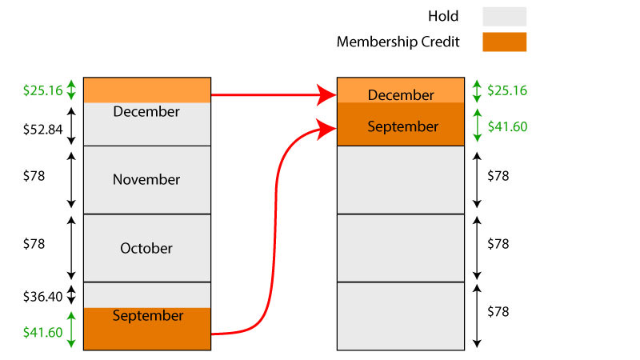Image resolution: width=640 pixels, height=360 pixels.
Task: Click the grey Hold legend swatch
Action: [x=504, y=16]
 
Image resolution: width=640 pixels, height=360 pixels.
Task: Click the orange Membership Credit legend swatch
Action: [x=504, y=42]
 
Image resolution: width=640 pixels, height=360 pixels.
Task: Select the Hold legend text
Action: [x=443, y=16]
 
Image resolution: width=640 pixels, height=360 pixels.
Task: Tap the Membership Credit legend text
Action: [x=398, y=42]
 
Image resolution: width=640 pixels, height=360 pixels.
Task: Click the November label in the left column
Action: [x=146, y=179]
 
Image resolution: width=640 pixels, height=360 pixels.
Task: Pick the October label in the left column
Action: [x=146, y=248]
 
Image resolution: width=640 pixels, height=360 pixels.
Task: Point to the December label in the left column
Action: [x=146, y=111]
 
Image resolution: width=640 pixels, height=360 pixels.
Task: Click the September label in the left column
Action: [x=148, y=316]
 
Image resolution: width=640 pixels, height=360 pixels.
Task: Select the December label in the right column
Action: [x=401, y=95]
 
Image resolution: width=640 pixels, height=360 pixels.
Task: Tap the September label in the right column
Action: [x=402, y=126]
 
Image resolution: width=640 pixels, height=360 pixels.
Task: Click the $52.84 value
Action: [x=43, y=130]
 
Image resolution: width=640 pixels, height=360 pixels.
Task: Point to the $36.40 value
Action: [x=43, y=296]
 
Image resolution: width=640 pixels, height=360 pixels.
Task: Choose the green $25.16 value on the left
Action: [x=43, y=90]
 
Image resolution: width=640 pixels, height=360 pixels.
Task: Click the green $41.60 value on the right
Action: [x=507, y=126]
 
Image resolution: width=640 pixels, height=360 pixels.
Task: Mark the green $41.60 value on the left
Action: [x=43, y=332]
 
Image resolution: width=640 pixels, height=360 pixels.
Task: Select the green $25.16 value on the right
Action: [x=507, y=90]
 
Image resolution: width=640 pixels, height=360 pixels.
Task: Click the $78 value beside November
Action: [x=34, y=176]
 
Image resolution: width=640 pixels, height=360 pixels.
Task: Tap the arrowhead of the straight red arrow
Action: [x=326, y=95]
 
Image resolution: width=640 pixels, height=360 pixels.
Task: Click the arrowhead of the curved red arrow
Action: [x=326, y=129]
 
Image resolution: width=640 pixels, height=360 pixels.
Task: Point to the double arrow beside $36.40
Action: [x=71, y=294]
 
